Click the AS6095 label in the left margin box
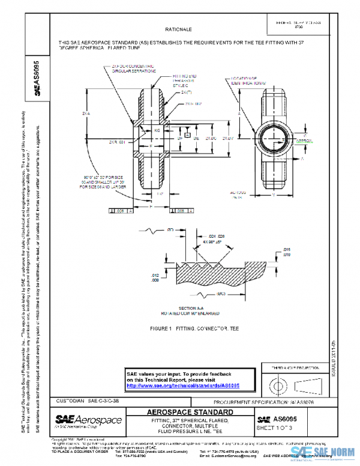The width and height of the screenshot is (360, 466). tap(37, 76)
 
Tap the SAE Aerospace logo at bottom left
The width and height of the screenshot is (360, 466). tap(88, 420)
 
